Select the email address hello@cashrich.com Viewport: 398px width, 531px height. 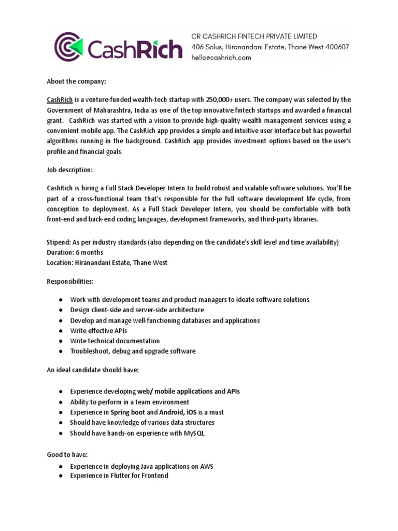221,58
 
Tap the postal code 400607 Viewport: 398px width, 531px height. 335,47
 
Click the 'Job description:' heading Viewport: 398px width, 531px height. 68,170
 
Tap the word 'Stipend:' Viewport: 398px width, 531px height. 60,243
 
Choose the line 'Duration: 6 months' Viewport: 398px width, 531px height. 75,253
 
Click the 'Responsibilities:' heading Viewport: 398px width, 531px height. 70,281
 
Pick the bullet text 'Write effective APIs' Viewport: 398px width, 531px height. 98,330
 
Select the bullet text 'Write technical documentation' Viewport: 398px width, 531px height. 115,341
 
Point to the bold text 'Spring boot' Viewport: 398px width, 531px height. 127,412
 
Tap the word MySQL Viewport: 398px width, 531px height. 192,433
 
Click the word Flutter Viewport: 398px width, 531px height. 117,476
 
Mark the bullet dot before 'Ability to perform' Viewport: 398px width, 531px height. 61,402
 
